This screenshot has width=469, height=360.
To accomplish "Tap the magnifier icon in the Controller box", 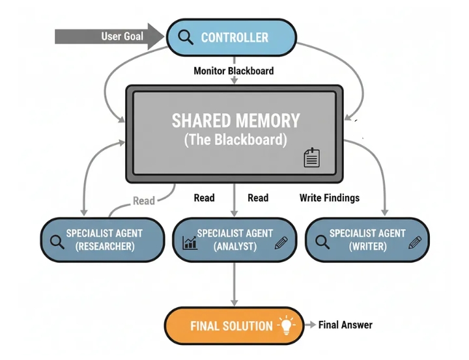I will [186, 37].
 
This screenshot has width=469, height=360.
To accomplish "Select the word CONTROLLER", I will [234, 37].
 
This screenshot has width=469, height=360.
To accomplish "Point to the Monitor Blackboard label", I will [234, 70].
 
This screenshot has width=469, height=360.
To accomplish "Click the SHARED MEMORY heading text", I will [236, 120].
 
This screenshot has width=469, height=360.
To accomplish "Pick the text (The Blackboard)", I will [236, 139].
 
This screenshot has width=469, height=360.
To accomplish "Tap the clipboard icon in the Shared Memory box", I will [312, 158].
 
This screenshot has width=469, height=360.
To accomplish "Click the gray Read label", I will [144, 201].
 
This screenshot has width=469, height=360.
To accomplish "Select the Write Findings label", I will [329, 197].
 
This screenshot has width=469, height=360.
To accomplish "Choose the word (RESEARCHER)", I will [105, 247].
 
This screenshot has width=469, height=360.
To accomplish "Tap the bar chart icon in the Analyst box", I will [190, 243].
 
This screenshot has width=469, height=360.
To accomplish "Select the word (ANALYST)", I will [235, 247].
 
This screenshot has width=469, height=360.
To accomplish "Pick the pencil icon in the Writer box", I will [415, 242].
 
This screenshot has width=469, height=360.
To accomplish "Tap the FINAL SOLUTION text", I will [231, 326].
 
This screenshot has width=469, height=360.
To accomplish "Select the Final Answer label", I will [345, 325].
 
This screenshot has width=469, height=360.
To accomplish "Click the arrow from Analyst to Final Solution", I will [234, 284].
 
